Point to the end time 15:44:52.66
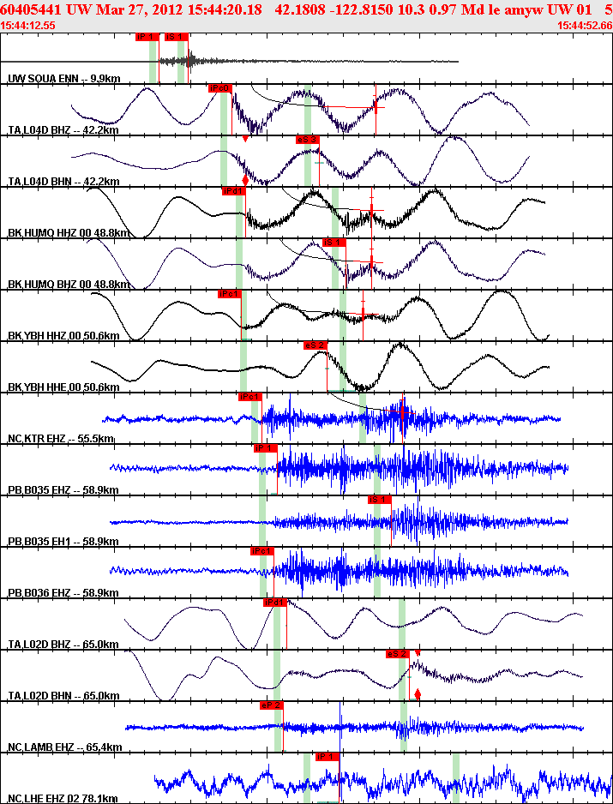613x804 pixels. click(584, 26)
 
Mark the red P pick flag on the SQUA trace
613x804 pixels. click(147, 37)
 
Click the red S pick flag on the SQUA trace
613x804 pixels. click(175, 37)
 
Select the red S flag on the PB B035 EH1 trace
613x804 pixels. click(379, 500)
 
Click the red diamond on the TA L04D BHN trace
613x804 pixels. click(245, 180)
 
